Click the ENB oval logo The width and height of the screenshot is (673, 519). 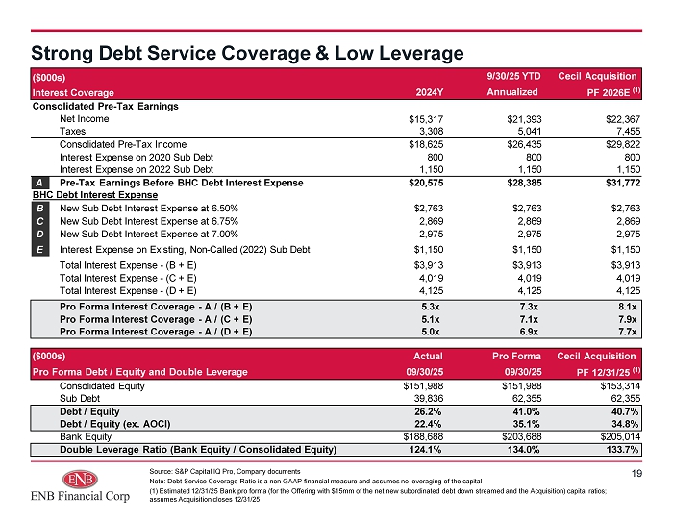(80, 479)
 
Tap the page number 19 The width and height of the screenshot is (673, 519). (636, 473)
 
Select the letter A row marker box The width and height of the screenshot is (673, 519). (40, 183)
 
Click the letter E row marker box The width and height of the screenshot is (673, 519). (40, 249)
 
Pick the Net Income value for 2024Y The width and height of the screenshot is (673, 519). (426, 119)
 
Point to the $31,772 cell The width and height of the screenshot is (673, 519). (623, 183)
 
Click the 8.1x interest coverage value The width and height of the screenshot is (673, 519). (628, 307)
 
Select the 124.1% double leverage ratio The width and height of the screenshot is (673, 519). (426, 450)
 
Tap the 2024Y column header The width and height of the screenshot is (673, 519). (429, 92)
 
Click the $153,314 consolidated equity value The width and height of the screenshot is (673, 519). (620, 386)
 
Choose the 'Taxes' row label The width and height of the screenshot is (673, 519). (72, 132)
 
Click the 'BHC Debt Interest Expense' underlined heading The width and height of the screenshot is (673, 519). (95, 195)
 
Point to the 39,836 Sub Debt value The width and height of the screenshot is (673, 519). (429, 399)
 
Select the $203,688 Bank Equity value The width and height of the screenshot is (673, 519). (521, 436)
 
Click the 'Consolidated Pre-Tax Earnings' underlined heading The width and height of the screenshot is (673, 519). (106, 107)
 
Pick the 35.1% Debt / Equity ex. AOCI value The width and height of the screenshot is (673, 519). (525, 424)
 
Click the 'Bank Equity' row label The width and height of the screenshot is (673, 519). (86, 436)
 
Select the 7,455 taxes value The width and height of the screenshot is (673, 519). (629, 132)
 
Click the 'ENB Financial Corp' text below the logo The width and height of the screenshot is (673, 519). (80, 496)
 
